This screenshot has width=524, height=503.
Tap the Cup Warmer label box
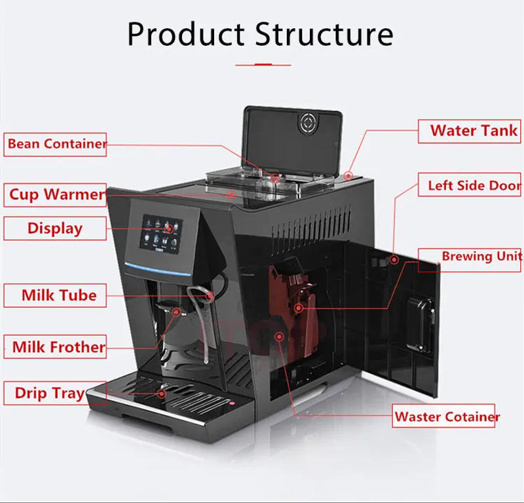[x=56, y=195]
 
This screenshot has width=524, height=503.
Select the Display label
[x=55, y=229]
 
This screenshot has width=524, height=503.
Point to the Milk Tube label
[x=55, y=295]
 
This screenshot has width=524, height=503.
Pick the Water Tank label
[x=472, y=130]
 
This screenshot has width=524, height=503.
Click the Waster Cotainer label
[x=447, y=417]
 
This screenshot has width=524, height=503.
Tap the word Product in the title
[x=185, y=33]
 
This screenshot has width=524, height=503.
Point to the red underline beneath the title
[x=263, y=65]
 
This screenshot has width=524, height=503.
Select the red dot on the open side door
[x=394, y=259]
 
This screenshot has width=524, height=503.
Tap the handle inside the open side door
[x=420, y=321]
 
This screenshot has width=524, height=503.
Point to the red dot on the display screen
[x=170, y=229]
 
